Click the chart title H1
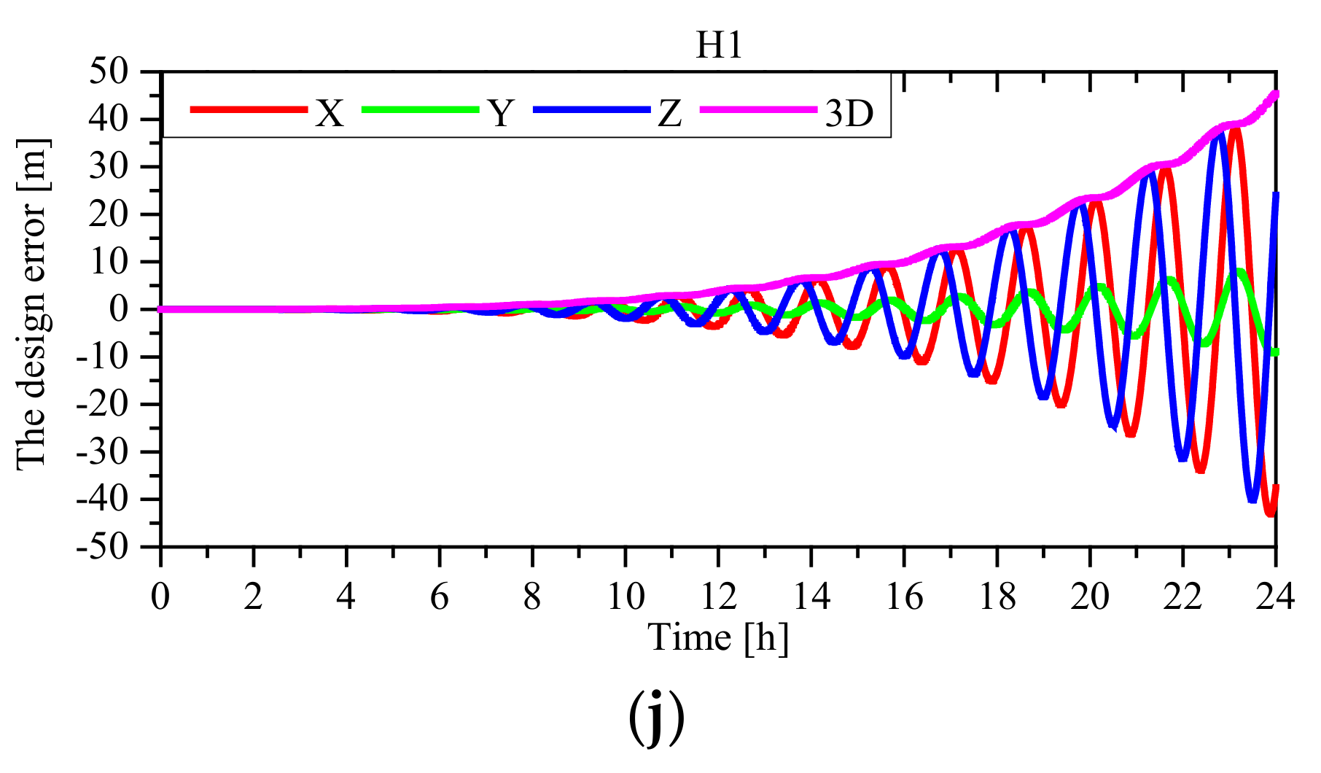[719, 45]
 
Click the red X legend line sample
[249, 109]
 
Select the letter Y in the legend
[500, 113]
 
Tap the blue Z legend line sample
[591, 109]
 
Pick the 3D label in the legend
[849, 113]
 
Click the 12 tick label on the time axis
[718, 598]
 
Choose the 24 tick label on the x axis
[1275, 598]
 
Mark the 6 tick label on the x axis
[439, 598]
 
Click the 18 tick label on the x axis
[997, 598]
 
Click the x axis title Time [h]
[718, 637]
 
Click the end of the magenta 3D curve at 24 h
[1275, 94]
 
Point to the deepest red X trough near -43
[1269, 513]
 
